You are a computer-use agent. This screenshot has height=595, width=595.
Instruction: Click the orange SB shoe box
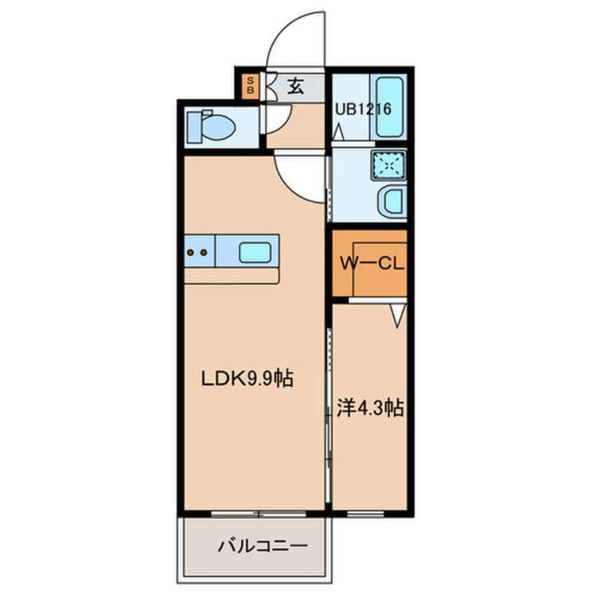point(250,86)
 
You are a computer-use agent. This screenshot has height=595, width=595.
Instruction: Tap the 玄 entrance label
point(295,87)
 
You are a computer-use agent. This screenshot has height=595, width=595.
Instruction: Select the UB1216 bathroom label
point(363,109)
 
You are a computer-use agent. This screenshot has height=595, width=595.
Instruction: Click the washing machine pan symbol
point(388,165)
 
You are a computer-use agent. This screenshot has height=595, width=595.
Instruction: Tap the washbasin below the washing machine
point(392,201)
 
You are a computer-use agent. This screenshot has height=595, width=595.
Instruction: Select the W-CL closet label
point(371,263)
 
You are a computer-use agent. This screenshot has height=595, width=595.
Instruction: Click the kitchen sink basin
point(255,252)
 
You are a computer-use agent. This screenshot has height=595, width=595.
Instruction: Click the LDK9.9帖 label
point(247,378)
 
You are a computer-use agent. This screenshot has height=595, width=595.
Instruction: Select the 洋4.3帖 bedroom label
point(370,409)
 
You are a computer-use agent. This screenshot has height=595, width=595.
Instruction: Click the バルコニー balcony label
point(262,546)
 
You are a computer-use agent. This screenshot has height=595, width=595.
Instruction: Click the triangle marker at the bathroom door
point(338,133)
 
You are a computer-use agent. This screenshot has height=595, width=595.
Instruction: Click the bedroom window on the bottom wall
point(365,514)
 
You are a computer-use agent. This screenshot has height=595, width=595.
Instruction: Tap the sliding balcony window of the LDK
point(258,514)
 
